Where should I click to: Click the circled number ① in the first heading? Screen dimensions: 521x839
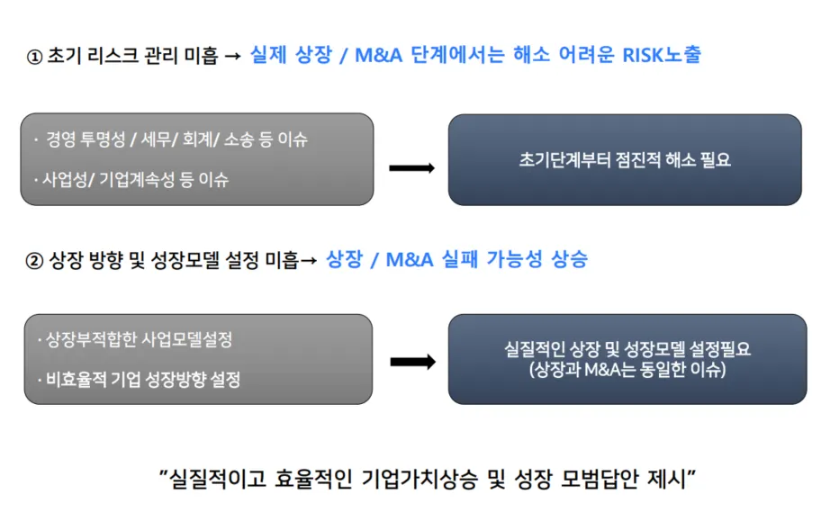pos(34,56)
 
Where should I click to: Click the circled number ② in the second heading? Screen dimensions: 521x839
pos(34,261)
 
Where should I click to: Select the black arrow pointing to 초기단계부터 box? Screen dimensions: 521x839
pos(411,168)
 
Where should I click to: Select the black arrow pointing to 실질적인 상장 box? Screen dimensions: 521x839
pos(411,362)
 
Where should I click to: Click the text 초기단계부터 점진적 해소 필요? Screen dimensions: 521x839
pos(625,161)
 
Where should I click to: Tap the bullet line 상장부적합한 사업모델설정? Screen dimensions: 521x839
pos(139,340)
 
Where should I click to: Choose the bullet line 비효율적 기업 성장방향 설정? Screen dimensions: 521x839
pos(143,379)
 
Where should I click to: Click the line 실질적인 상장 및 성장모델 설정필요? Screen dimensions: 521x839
pos(627,349)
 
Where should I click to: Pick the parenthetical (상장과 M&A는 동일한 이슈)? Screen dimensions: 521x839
pos(627,369)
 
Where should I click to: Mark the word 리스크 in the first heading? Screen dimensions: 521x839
pos(108,56)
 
